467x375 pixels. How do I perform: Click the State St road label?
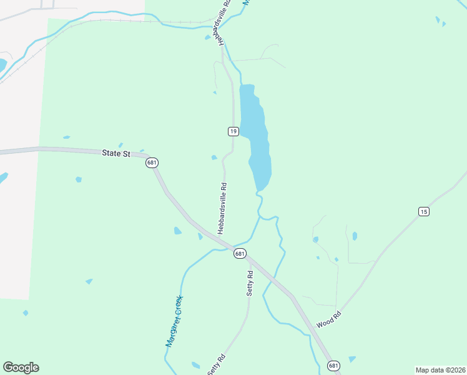116,153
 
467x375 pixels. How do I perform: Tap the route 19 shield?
233,131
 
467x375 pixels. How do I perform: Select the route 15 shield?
424,212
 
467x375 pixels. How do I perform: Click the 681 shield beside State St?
152,162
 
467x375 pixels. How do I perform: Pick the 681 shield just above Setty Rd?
240,253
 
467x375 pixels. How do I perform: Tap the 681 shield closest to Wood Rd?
334,366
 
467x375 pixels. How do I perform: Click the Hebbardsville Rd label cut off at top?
225,21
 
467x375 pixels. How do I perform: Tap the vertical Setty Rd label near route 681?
250,283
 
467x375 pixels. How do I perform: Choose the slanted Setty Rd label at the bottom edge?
216,365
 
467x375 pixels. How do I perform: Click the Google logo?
21,367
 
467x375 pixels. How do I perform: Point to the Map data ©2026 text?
440,370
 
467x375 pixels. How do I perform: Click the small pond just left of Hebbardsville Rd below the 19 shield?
214,157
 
